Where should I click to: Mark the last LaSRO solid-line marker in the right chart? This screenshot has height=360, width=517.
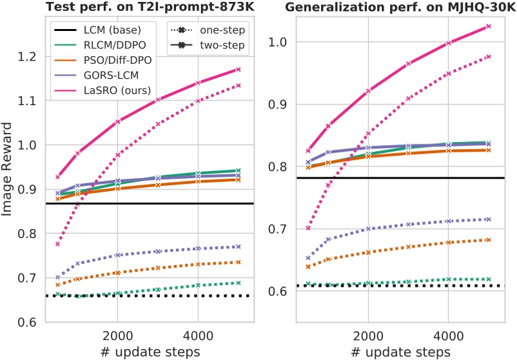click(489, 26)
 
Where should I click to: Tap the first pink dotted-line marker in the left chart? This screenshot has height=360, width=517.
click(58, 244)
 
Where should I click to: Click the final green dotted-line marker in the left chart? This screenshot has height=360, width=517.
click(238, 283)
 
